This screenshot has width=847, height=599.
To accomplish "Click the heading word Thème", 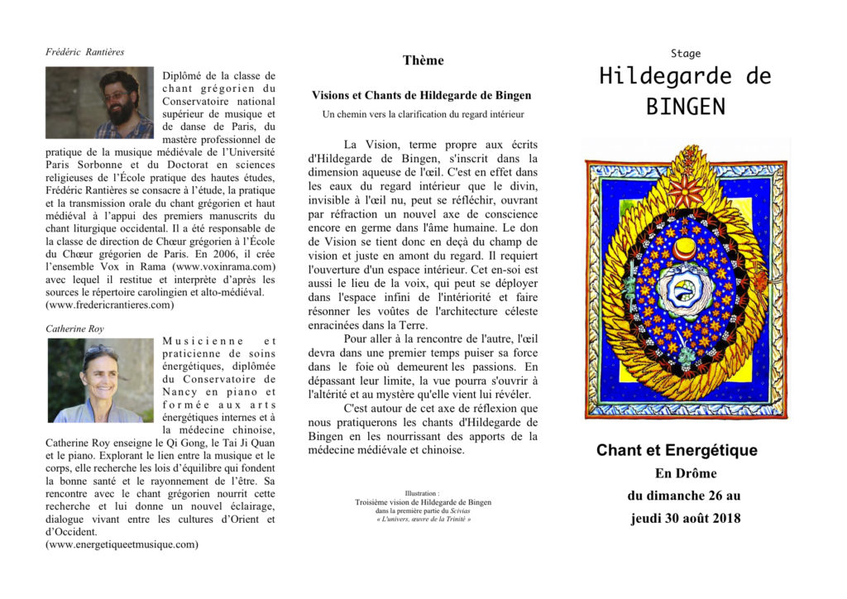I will (x=423, y=60).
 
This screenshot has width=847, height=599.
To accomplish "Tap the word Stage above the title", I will (x=685, y=54).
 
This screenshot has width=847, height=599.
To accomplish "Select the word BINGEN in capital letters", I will (x=685, y=107).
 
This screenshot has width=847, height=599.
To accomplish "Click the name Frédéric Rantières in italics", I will (x=85, y=52).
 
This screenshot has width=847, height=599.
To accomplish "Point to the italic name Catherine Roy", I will (x=74, y=328).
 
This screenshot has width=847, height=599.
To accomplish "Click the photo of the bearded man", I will (x=99, y=103).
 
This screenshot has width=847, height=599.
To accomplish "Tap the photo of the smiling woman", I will (x=99, y=381).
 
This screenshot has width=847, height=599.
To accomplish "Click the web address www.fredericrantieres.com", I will (x=110, y=304).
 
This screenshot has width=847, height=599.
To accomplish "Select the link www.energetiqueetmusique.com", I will (x=122, y=544).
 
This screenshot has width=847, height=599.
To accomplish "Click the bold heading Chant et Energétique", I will (x=677, y=451).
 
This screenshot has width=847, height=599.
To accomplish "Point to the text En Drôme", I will (x=686, y=473).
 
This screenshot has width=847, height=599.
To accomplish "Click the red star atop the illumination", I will (x=686, y=189).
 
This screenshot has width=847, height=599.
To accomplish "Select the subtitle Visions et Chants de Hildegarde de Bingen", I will (x=422, y=96).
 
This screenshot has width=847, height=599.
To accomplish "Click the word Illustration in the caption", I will (x=422, y=492).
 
